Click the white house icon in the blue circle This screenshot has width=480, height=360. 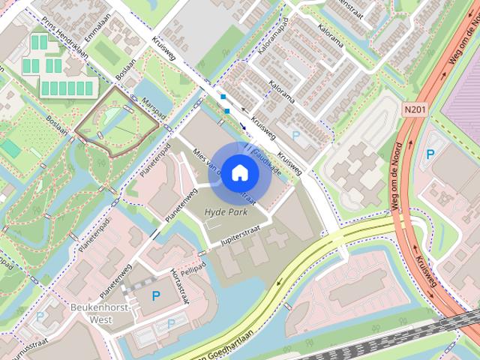[x=238, y=173]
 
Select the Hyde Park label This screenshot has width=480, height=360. [x=226, y=213]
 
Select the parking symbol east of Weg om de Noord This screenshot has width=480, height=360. [x=430, y=154]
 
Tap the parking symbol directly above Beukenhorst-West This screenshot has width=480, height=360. [x=155, y=295]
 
